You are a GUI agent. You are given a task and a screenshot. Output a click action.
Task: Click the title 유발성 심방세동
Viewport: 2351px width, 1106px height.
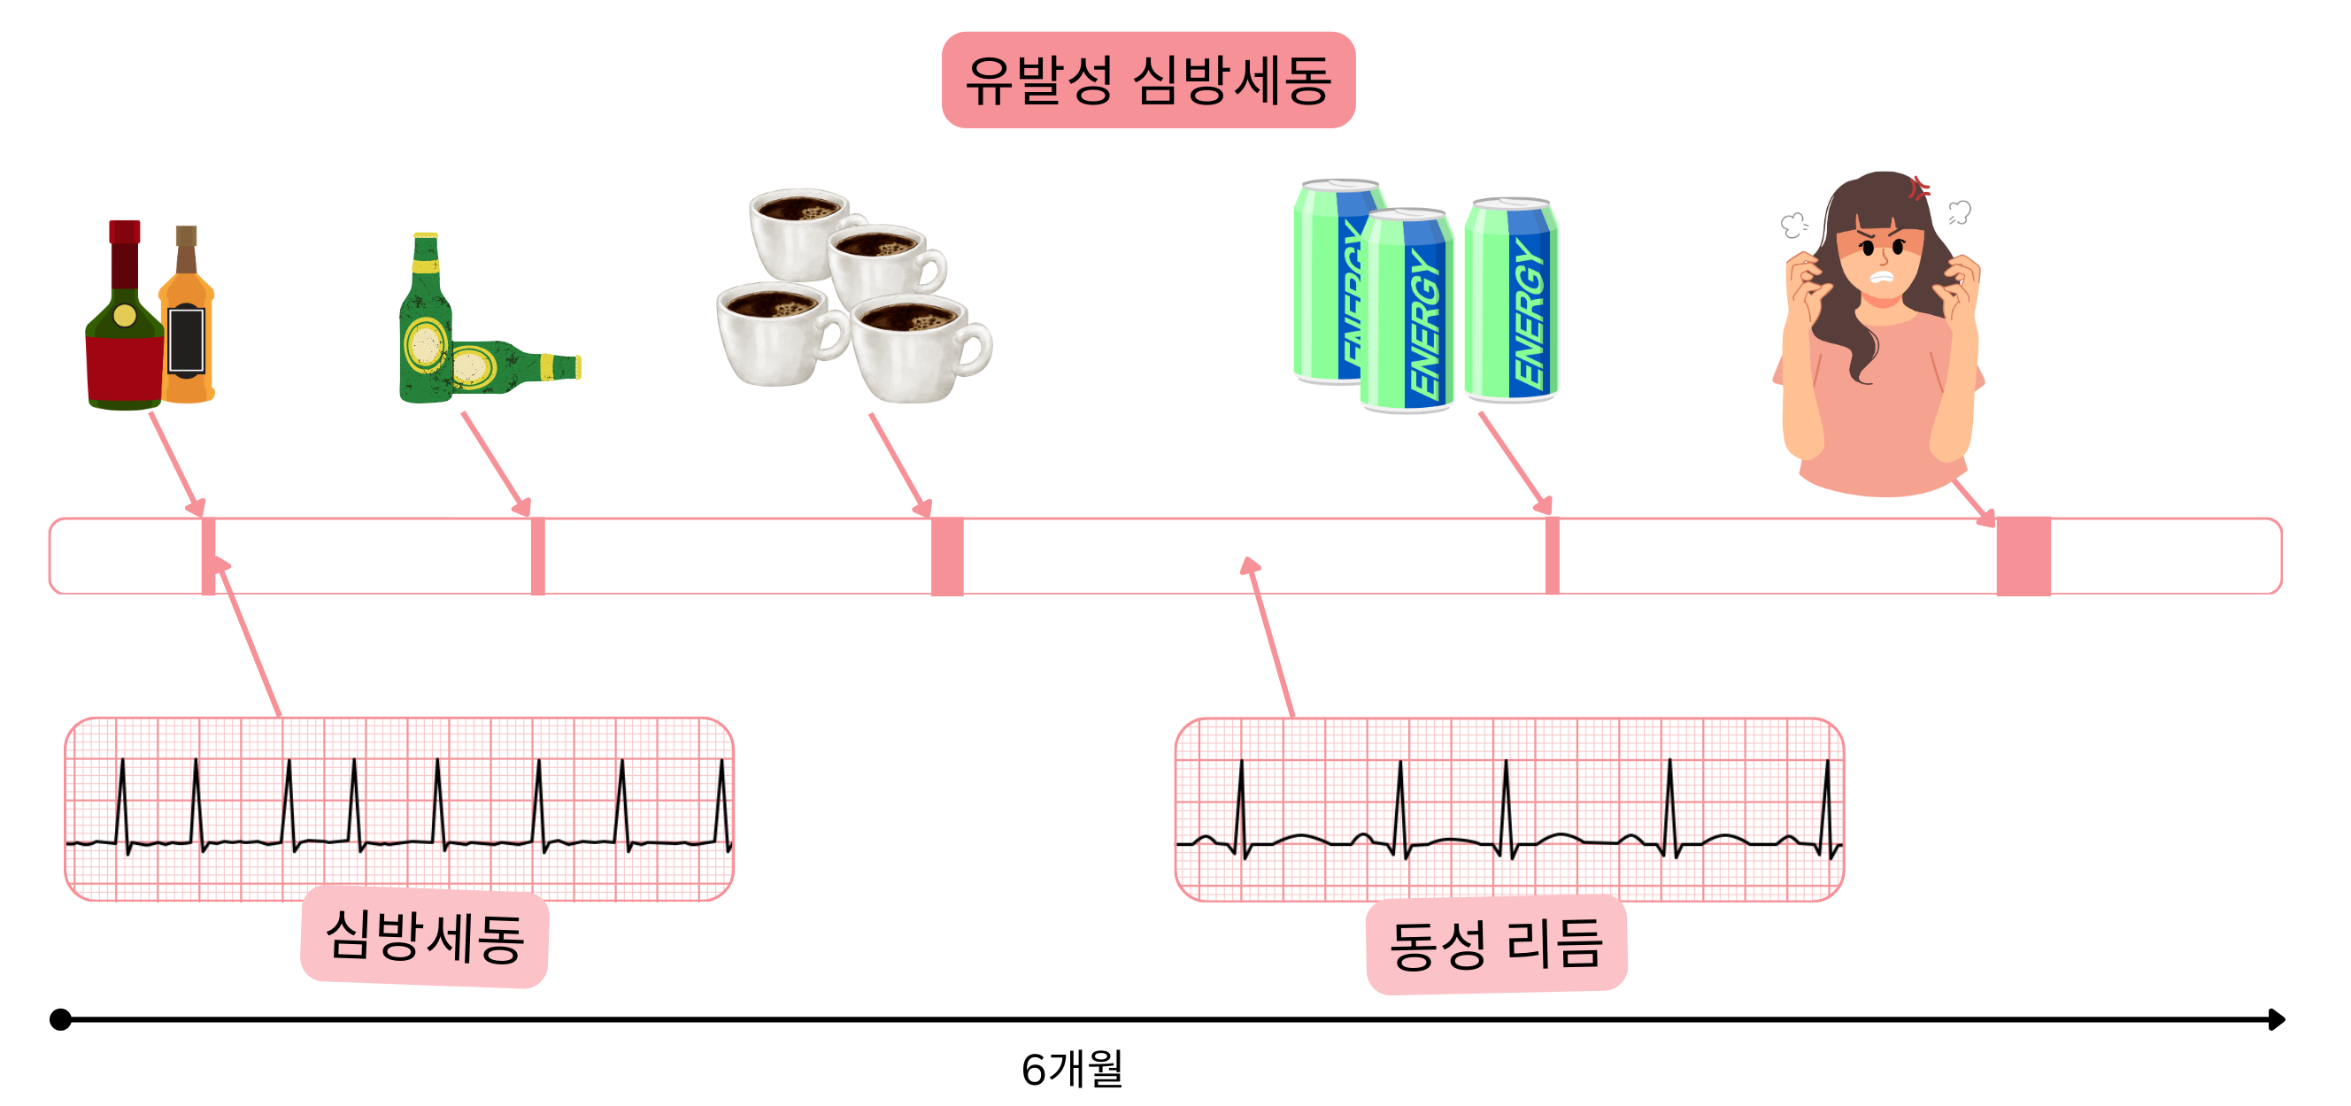coord(1147,81)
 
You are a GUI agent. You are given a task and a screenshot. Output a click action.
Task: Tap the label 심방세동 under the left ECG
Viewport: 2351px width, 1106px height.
coord(424,936)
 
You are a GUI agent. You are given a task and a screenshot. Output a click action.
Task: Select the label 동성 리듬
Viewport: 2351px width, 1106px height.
coord(1495,943)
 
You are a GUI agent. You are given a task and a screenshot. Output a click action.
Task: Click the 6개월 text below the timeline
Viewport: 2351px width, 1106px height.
coord(1071,1069)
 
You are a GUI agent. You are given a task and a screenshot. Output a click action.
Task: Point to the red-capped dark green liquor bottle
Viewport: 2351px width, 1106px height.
coord(124,328)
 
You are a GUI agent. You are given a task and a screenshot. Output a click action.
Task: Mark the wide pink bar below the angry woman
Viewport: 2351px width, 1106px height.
coord(2023,556)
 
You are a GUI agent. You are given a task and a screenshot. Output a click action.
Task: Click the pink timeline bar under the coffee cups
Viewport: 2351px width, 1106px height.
coord(946,556)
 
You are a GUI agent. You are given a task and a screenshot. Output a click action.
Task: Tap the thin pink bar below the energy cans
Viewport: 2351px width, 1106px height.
coord(1552,556)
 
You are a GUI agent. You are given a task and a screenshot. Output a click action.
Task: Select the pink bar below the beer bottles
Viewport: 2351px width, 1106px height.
coord(537,556)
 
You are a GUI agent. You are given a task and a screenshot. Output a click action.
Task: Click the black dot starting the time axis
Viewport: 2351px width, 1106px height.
coord(60,1018)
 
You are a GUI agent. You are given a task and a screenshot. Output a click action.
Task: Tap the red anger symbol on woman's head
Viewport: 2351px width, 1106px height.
coord(1919,188)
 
